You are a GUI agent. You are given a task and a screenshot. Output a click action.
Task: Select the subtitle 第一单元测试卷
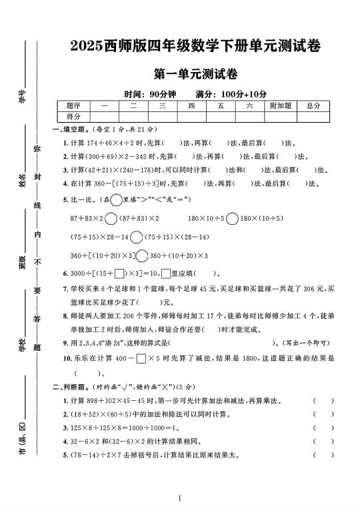(196, 74)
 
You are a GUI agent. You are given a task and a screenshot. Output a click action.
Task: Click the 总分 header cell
(313, 106)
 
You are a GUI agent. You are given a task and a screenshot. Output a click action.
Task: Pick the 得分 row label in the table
(73, 117)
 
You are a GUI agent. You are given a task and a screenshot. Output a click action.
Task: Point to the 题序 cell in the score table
(73, 106)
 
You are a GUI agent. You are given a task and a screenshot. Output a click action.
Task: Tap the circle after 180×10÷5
(232, 218)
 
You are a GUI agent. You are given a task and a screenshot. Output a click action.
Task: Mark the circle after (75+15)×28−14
(137, 237)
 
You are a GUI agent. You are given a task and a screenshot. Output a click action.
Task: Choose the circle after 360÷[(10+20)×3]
(141, 256)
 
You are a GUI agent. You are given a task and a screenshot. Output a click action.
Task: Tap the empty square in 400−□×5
(141, 359)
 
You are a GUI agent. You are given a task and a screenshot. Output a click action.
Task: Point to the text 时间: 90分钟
(149, 94)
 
